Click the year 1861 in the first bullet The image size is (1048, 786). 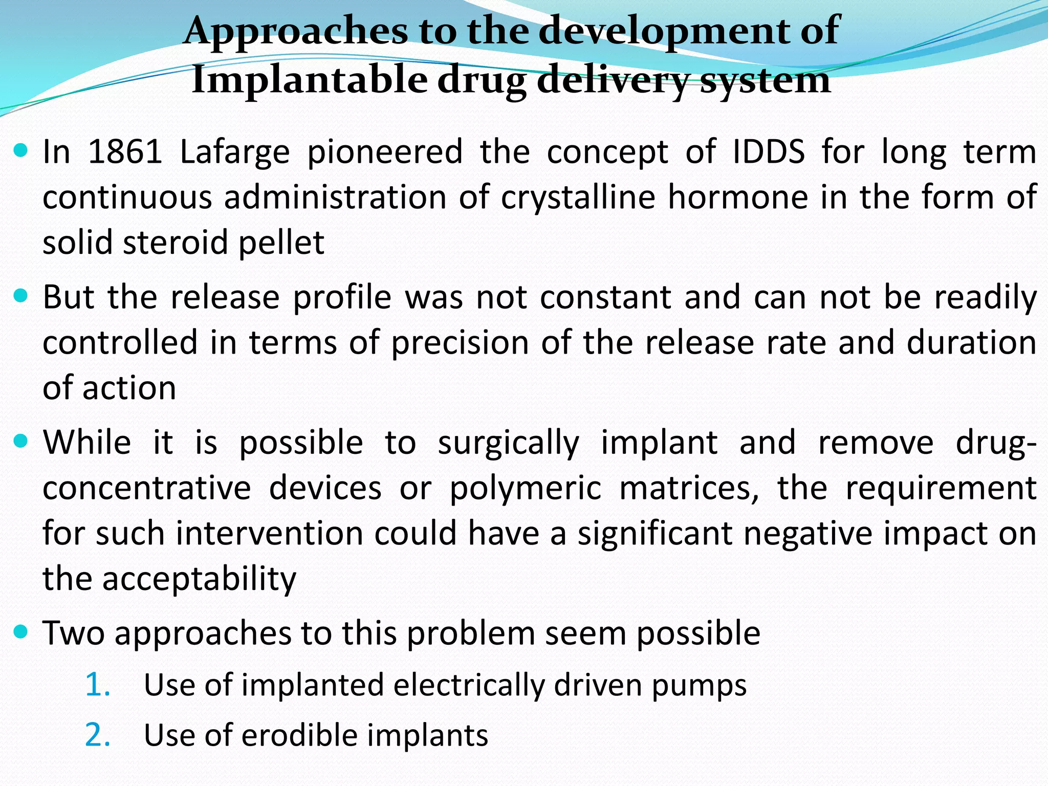(125, 152)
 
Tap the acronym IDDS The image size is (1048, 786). (769, 152)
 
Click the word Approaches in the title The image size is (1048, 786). (295, 31)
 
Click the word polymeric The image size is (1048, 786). (525, 488)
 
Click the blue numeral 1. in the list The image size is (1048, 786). (97, 685)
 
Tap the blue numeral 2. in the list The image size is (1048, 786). (97, 735)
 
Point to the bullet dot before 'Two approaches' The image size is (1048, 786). (21, 632)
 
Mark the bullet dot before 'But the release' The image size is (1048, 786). (21, 296)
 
